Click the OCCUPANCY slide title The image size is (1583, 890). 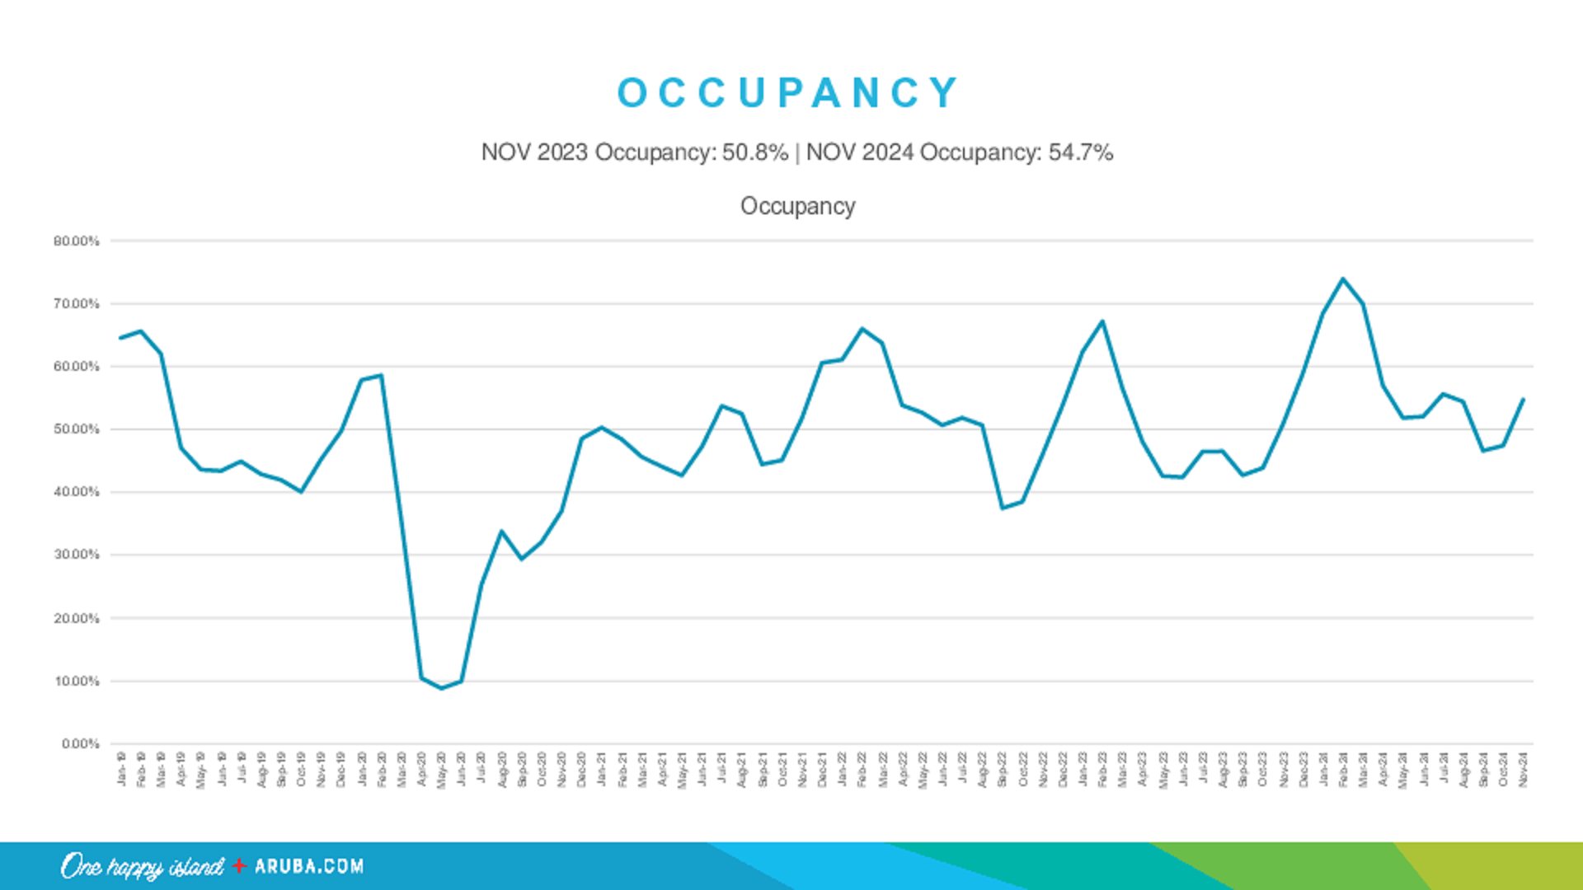click(x=788, y=92)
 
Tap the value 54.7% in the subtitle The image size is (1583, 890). click(x=1081, y=152)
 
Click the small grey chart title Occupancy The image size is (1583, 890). click(x=797, y=206)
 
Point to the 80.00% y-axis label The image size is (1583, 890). click(x=76, y=241)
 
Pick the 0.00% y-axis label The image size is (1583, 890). click(x=80, y=744)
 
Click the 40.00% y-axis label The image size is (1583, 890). click(x=76, y=493)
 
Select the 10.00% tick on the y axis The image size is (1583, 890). click(x=76, y=682)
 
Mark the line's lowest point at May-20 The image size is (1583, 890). click(x=441, y=688)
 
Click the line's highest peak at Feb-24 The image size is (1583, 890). click(x=1343, y=279)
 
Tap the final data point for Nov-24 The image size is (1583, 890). click(x=1523, y=400)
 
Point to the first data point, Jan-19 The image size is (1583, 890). click(x=120, y=338)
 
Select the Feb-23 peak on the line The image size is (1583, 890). click(x=1102, y=321)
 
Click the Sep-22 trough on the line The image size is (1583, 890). click(x=1003, y=508)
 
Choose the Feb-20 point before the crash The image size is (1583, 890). click(x=381, y=376)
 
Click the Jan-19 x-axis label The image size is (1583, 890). click(x=121, y=769)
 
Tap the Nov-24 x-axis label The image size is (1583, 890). click(x=1523, y=769)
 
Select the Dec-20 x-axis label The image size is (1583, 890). click(x=581, y=769)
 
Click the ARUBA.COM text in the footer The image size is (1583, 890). click(x=309, y=866)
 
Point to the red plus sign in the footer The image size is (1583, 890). click(x=239, y=865)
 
